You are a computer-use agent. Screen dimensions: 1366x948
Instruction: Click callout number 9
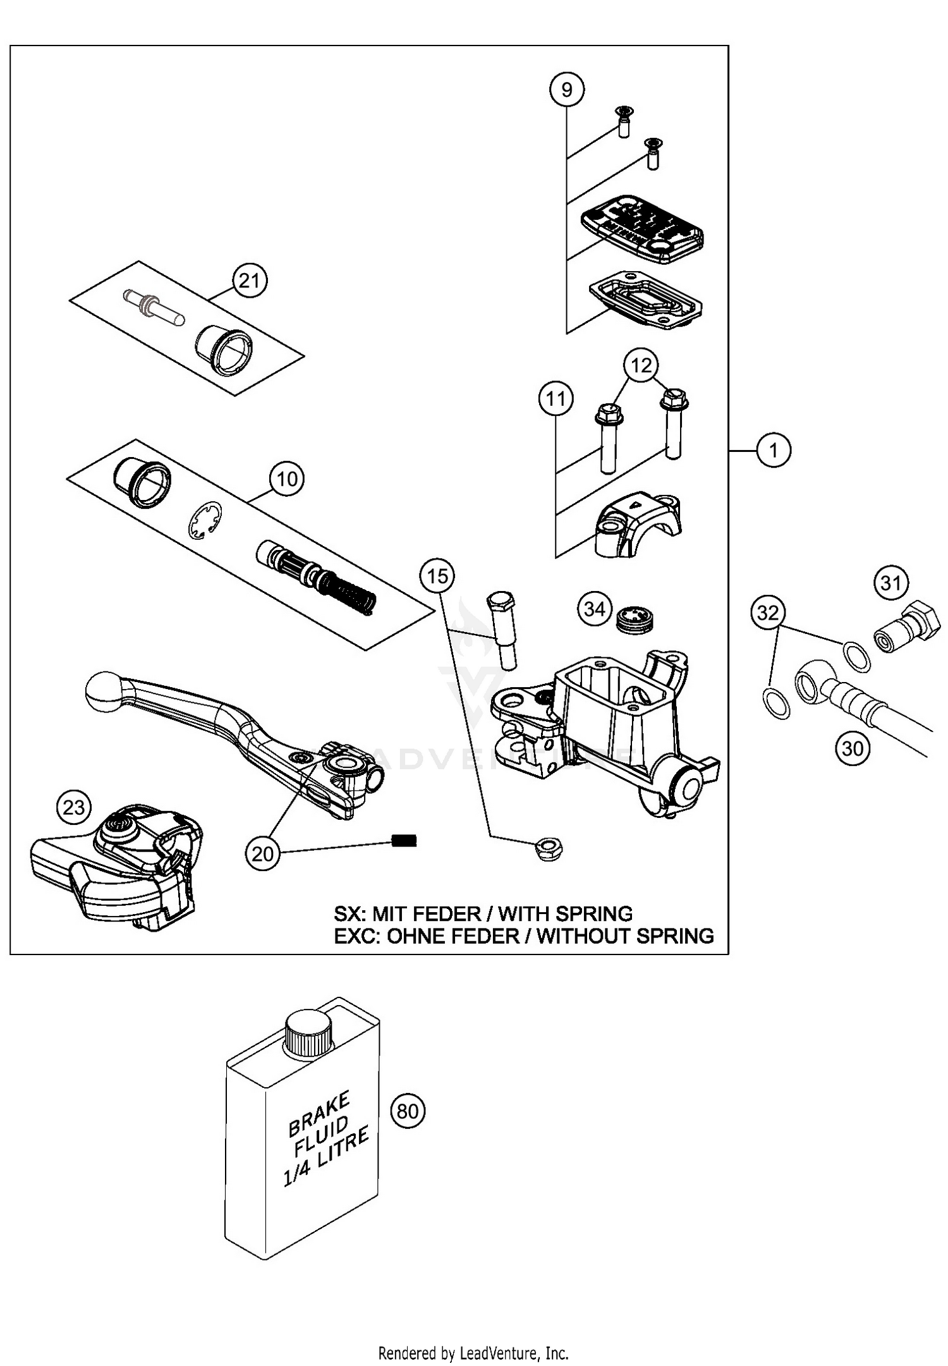[x=566, y=90]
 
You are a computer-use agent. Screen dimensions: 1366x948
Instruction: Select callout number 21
[x=250, y=280]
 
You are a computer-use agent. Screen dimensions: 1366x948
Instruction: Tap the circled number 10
[x=287, y=479]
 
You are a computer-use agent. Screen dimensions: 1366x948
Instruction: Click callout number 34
[x=594, y=609]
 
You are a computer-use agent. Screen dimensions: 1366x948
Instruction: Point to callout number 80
[x=408, y=1111]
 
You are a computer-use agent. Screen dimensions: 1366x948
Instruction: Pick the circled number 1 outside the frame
[x=773, y=451]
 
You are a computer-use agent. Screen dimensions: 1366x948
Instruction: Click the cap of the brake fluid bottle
[x=308, y=1031]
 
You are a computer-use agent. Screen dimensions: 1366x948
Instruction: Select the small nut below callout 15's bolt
[x=549, y=849]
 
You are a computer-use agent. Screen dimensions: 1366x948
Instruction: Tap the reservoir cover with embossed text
[x=641, y=229]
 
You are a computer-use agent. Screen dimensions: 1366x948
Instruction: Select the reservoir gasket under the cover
[x=645, y=301]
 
